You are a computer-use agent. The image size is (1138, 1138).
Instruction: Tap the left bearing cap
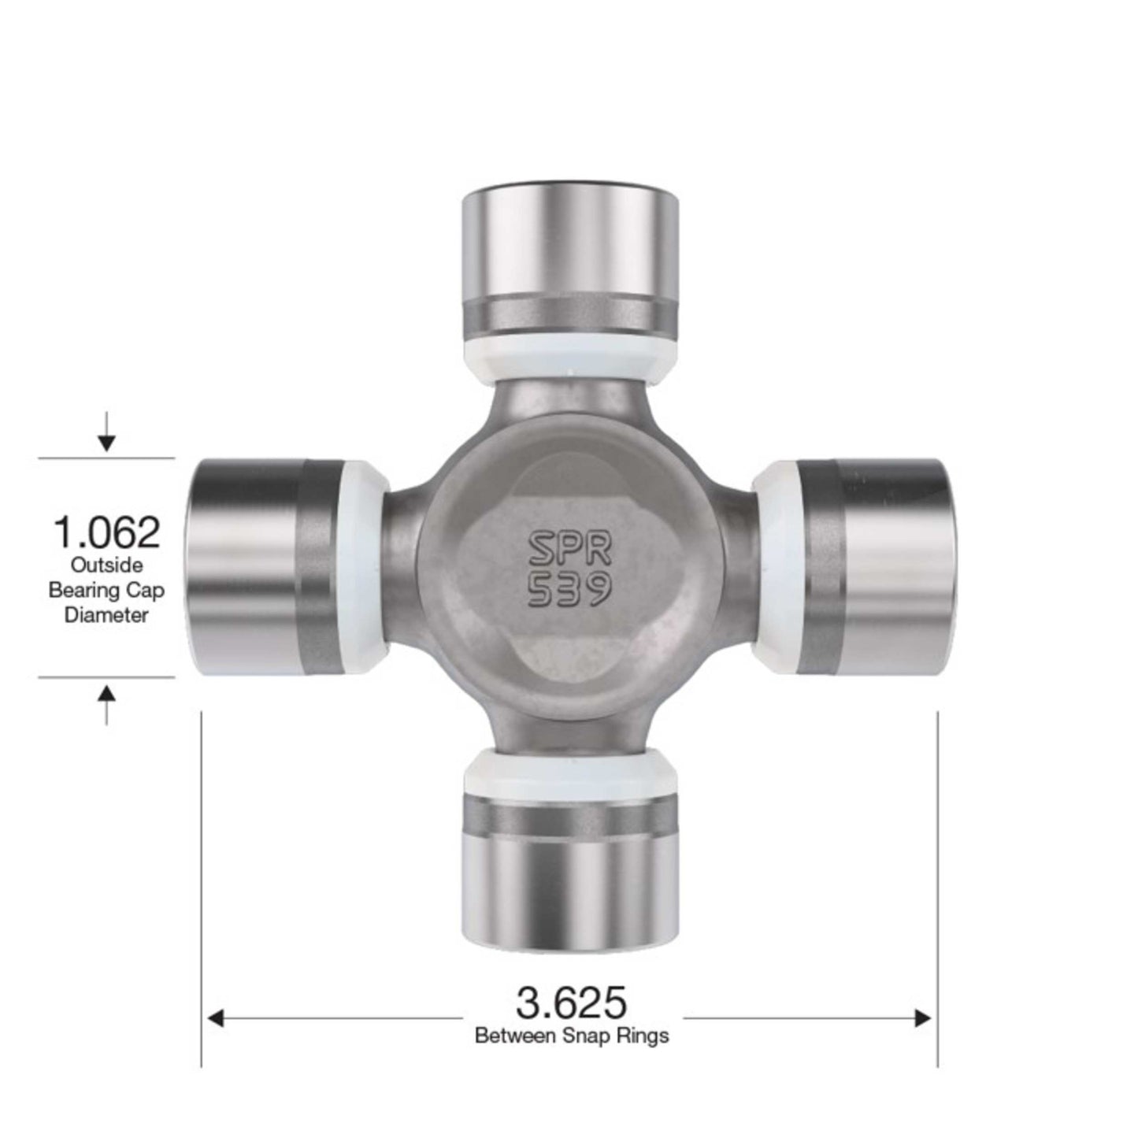pyautogui.click(x=260, y=566)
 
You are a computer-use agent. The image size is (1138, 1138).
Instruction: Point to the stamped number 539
pyautogui.click(x=569, y=590)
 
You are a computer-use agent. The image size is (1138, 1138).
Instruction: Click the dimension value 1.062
pyautogui.click(x=106, y=532)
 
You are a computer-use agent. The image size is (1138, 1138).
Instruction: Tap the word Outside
pyautogui.click(x=106, y=565)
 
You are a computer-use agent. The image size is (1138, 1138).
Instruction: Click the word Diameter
pyautogui.click(x=106, y=616)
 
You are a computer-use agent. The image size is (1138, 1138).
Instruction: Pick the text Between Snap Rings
pyautogui.click(x=572, y=1036)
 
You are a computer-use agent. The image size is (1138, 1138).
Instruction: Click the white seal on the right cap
pyautogui.click(x=777, y=567)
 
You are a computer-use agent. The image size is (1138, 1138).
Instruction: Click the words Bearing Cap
pyautogui.click(x=106, y=591)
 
